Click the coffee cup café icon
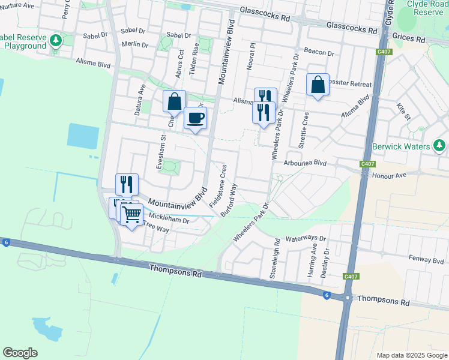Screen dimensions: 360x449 (195, 118)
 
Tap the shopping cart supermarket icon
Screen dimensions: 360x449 (131, 213)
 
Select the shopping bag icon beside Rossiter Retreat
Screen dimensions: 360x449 (318, 84)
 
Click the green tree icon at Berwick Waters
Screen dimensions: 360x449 (439, 146)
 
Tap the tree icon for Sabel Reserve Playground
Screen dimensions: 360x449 (56, 40)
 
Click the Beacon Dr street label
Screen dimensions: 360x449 (319, 53)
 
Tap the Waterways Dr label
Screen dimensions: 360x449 (306, 238)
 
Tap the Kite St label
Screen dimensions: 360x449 (402, 111)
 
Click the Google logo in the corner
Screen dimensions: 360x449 (20, 353)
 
